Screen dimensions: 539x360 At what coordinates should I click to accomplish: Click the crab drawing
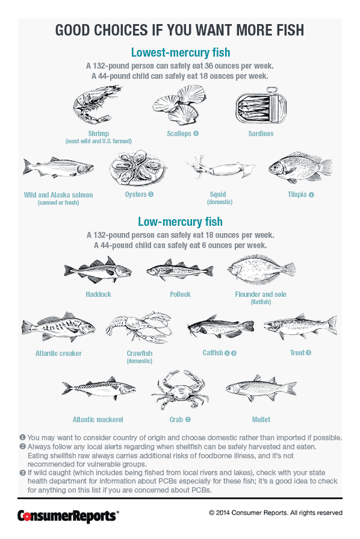tap(179, 391)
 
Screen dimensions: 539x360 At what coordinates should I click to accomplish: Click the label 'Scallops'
tap(179, 133)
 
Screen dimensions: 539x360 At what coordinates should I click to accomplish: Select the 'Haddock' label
tap(98, 294)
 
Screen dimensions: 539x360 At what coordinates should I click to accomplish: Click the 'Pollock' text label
tap(180, 294)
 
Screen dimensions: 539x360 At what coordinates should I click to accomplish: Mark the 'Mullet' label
tap(261, 419)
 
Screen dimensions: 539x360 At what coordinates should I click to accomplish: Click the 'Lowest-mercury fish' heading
tap(180, 52)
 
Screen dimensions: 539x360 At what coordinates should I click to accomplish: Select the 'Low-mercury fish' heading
tap(180, 222)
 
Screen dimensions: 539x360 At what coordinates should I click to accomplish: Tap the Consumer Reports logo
tap(67, 515)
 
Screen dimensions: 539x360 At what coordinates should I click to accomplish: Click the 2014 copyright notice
tap(275, 513)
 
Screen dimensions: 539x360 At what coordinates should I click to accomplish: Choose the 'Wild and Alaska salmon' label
tap(58, 195)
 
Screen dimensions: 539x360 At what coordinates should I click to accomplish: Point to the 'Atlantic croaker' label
tap(58, 354)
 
